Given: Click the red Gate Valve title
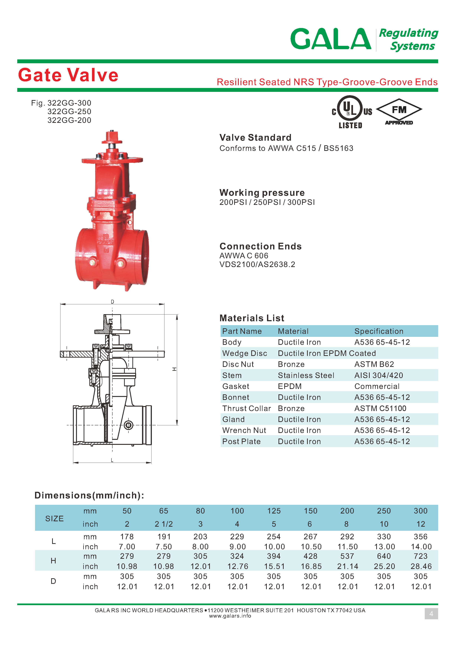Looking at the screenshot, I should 68,75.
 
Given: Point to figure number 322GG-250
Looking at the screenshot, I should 69,111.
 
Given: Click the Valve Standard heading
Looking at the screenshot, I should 255,138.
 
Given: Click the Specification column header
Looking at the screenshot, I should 379,331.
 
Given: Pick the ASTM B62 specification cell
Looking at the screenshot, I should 374,364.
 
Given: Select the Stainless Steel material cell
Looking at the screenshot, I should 306,375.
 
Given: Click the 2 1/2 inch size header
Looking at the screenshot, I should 164,524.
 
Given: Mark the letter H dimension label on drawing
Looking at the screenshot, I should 174,369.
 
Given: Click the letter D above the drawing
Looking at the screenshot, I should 113,302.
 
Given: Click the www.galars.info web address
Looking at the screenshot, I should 230,616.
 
